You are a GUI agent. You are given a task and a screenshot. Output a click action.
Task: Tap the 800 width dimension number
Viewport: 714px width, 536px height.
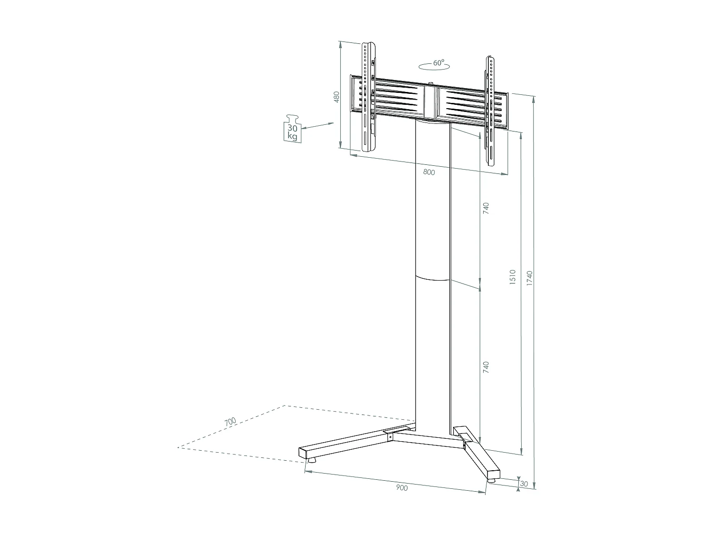[x=429, y=172]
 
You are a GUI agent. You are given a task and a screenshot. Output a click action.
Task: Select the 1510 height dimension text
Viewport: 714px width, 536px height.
[x=513, y=277]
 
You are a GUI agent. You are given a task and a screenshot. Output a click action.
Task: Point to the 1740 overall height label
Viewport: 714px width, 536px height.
[x=529, y=278]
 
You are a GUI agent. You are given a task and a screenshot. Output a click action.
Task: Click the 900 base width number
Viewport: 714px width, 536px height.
[x=402, y=487]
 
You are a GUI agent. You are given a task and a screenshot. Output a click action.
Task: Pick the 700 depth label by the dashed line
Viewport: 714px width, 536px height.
[x=230, y=422]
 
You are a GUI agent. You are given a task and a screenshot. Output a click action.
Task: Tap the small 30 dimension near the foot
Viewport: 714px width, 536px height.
[x=525, y=484]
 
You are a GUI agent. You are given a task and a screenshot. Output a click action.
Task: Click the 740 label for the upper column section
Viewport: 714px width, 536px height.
[x=486, y=208]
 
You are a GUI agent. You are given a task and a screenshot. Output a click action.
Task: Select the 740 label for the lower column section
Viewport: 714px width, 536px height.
[x=486, y=367]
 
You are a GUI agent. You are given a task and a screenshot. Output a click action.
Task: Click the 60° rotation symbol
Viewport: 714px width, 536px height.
[x=434, y=65]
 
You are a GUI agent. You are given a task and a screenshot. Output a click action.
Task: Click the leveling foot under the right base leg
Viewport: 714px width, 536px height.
[x=491, y=481]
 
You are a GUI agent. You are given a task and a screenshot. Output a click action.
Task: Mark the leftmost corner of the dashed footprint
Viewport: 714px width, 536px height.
[x=178, y=447]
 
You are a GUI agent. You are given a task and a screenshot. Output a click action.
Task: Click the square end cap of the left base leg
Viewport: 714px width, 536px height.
[x=303, y=453]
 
